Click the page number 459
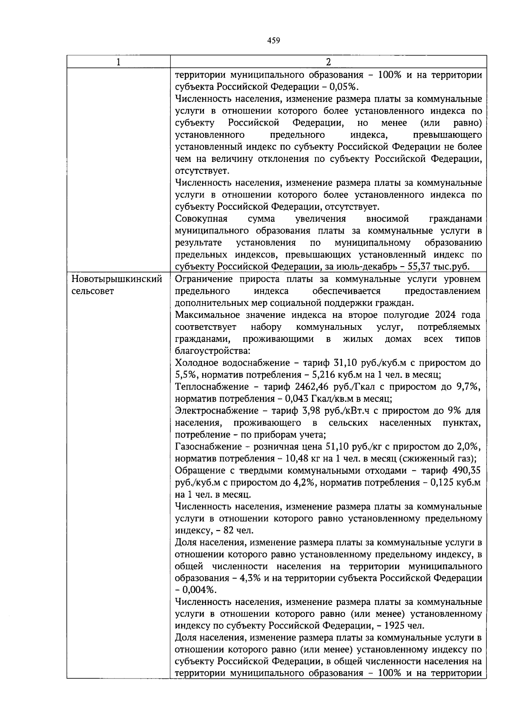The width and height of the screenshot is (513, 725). (273, 41)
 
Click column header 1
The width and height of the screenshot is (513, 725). (118, 62)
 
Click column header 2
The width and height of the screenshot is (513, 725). (328, 62)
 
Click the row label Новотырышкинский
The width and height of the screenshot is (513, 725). (117, 279)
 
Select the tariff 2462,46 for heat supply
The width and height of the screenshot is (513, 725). (311, 387)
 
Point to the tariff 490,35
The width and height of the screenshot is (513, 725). (466, 471)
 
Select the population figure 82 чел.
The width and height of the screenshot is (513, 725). (239, 531)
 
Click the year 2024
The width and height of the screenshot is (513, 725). (447, 315)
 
